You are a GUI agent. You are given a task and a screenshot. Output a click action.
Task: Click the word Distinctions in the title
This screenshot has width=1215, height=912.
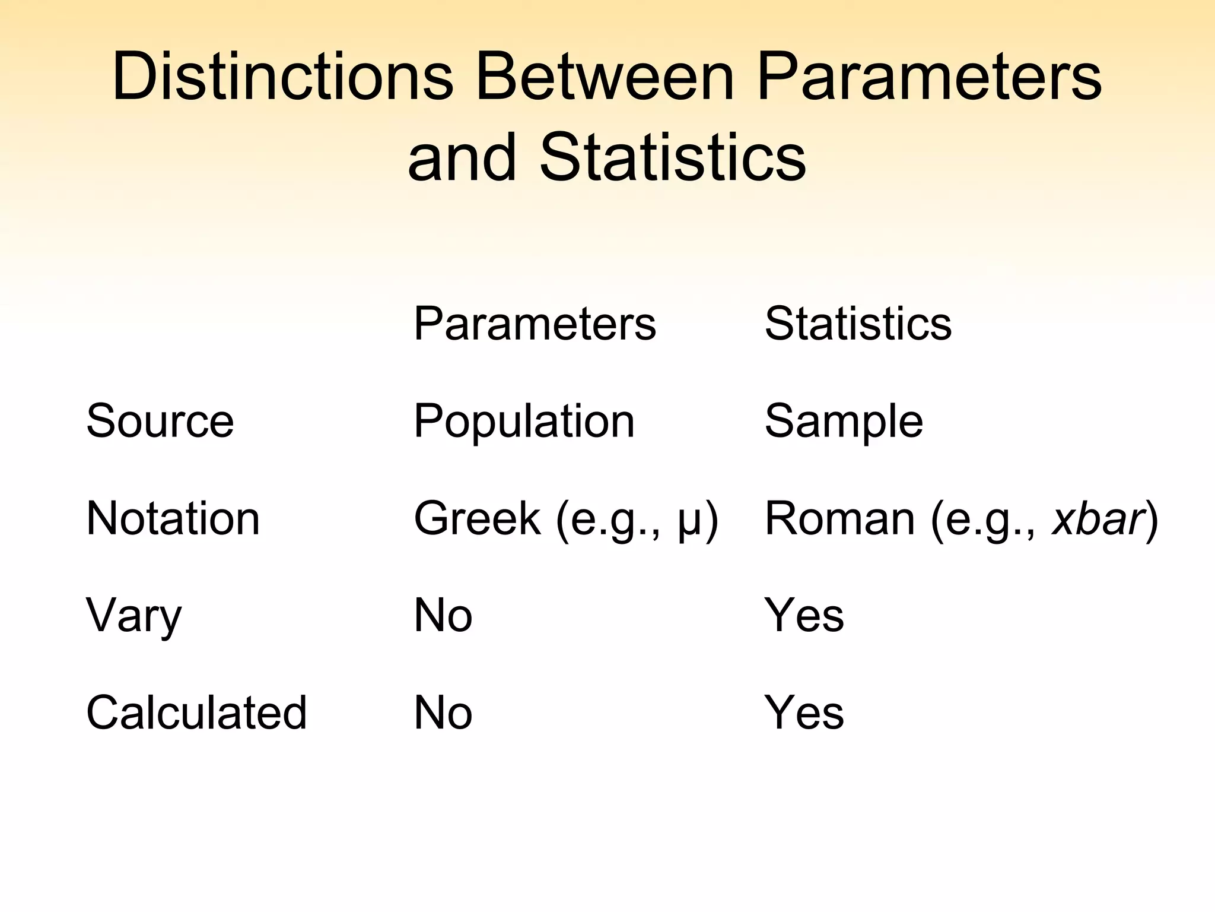pos(282,77)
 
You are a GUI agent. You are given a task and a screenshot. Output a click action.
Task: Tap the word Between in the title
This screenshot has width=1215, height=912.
pos(604,77)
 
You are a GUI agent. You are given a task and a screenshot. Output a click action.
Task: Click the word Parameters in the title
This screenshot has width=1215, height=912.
pos(929,77)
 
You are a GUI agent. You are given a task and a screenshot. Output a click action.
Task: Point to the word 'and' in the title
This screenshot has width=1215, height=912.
pos(462,157)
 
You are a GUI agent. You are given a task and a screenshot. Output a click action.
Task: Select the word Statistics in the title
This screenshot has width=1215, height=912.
pos(672,157)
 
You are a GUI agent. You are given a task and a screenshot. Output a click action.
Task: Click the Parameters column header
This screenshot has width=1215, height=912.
pos(535,324)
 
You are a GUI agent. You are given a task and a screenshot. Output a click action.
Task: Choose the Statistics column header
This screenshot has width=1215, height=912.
pos(858,324)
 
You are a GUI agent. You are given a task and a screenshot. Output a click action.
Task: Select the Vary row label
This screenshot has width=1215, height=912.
pos(133,616)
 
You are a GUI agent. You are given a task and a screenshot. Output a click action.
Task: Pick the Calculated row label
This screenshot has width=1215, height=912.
pos(196,712)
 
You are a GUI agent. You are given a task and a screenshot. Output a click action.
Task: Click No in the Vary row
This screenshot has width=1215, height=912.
pos(443,616)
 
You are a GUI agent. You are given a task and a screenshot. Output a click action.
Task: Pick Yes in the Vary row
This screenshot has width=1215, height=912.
pos(804,616)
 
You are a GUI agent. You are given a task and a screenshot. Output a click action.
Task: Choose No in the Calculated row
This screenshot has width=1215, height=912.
pos(443,712)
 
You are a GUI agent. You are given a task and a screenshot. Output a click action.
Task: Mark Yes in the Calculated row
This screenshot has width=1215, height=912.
pos(804,712)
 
